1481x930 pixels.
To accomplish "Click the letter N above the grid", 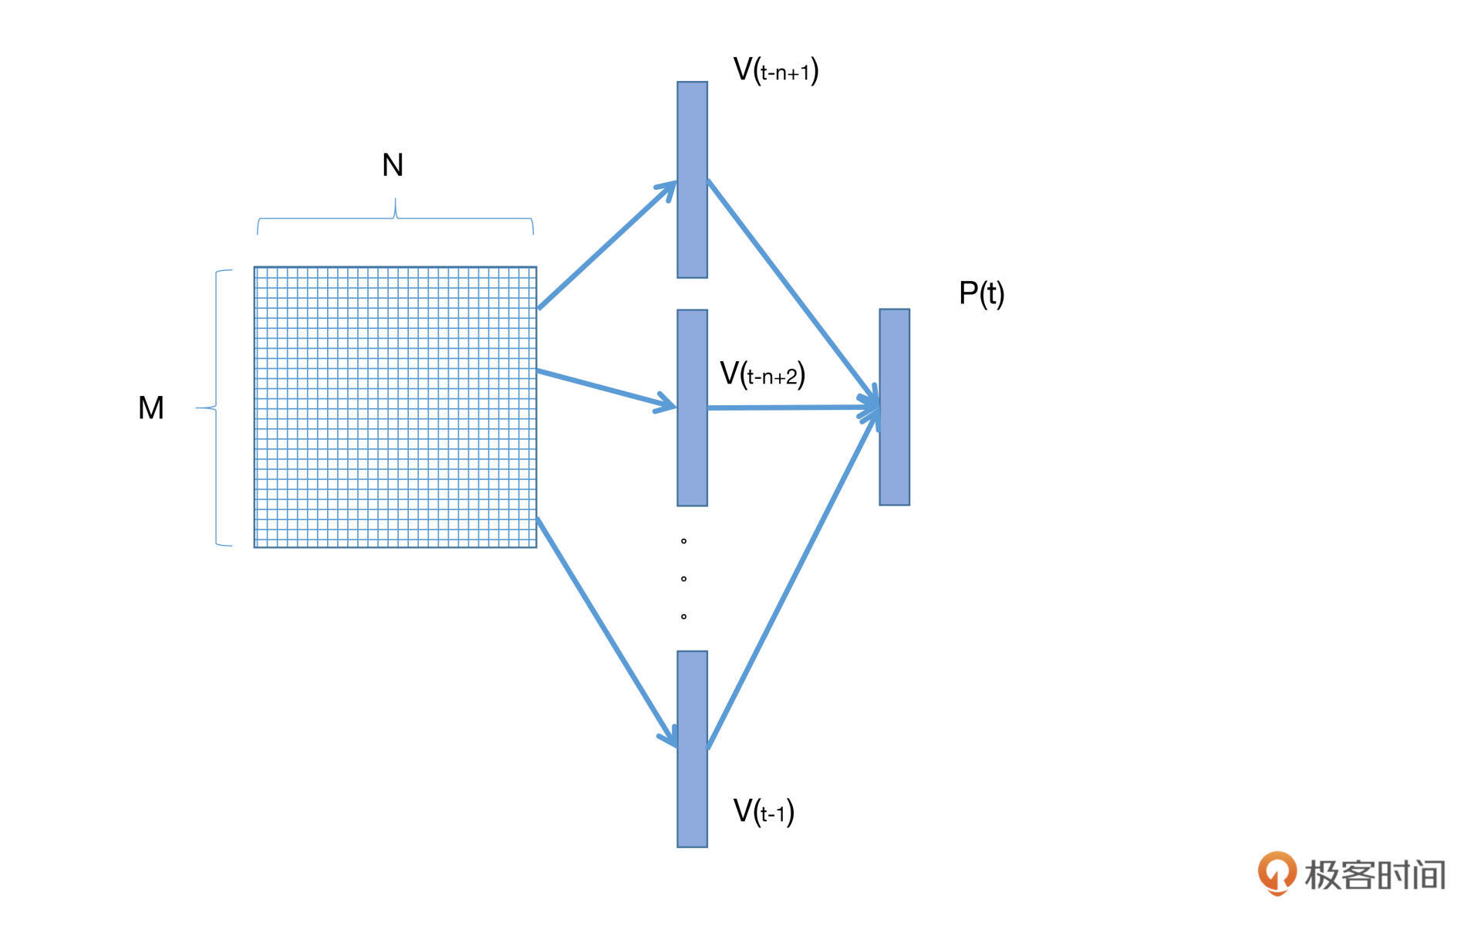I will (393, 165).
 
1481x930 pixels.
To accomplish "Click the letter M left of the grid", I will (151, 408).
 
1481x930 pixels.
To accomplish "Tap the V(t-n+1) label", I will (775, 70).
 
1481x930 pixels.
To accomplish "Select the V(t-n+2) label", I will (762, 374).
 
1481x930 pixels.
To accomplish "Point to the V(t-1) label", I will (763, 811).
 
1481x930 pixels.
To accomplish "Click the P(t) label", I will (981, 293).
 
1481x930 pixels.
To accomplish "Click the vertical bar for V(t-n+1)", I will (692, 179).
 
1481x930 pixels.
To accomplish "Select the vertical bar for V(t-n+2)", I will (692, 408).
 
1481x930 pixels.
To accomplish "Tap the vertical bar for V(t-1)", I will (692, 749).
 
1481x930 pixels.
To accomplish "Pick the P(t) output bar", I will (894, 408).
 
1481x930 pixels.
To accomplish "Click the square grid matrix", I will (395, 408).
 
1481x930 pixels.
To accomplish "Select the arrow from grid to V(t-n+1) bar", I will (606, 245).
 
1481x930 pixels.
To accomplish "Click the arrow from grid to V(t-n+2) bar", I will (606, 389).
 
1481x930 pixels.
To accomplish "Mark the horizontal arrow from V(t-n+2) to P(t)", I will (792, 408).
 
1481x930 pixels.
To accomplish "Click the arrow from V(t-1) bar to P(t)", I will (792, 579).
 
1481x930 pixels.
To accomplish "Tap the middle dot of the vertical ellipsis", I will (683, 579).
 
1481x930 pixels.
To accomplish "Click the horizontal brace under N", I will (395, 218).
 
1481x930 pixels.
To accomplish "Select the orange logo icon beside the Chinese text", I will (1277, 873).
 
